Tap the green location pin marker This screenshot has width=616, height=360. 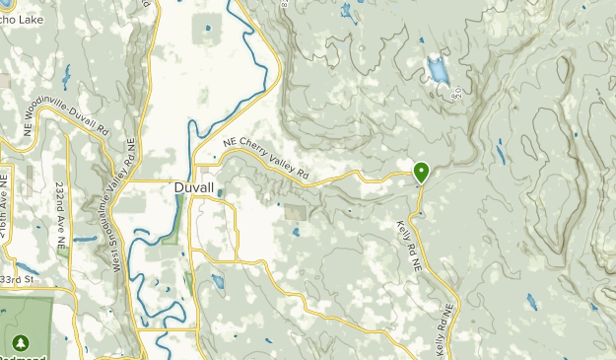point(421,173)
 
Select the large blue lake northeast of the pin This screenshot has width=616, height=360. point(437,70)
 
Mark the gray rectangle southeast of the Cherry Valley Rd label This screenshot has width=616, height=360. point(295,211)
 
